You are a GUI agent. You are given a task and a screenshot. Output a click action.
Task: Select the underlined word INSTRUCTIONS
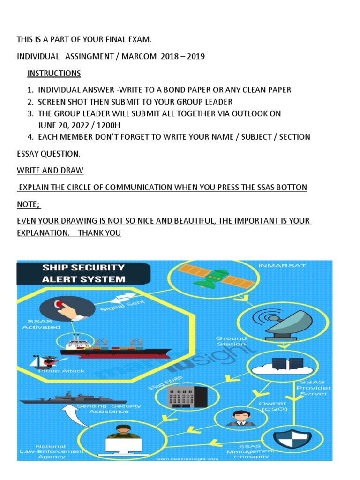point(54,74)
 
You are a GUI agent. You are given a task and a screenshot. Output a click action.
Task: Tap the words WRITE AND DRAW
point(50,170)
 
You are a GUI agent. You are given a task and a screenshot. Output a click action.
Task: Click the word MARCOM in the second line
point(140,57)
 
